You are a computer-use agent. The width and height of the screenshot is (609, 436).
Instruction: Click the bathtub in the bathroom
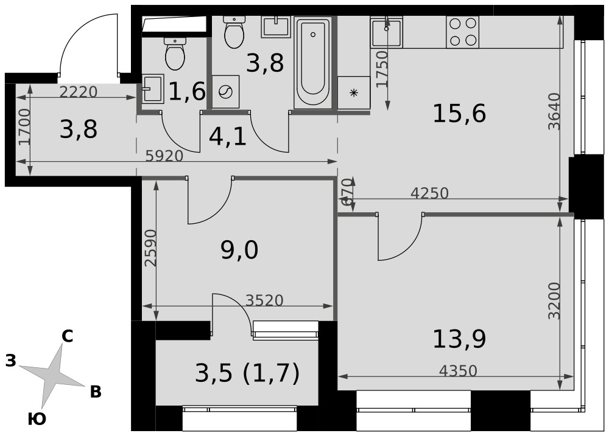click(x=313, y=63)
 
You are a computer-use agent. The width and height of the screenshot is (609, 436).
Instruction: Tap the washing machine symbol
click(x=225, y=92)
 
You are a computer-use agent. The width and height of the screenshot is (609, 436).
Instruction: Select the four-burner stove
click(x=462, y=32)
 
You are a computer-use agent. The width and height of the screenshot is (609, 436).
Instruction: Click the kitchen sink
click(x=387, y=32)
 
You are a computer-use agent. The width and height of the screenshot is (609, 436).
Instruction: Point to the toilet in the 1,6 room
click(x=175, y=54)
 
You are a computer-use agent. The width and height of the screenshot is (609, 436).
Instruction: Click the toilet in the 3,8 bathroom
click(x=234, y=32)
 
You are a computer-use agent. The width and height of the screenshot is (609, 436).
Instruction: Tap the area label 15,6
click(x=459, y=114)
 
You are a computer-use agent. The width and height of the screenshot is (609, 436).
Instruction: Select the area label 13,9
click(x=459, y=339)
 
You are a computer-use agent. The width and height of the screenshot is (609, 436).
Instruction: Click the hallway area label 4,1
click(x=228, y=137)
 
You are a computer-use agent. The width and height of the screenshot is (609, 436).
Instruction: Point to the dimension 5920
click(x=164, y=156)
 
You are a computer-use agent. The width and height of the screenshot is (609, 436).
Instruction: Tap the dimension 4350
click(x=458, y=371)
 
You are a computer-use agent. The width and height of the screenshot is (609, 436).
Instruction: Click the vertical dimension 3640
click(x=555, y=111)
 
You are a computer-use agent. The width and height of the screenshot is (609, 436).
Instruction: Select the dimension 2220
click(x=78, y=92)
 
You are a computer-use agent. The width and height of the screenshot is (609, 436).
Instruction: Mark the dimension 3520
click(x=265, y=300)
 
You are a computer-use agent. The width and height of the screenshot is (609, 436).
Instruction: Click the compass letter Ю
click(x=37, y=420)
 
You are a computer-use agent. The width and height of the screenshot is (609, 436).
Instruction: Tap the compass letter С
click(x=67, y=336)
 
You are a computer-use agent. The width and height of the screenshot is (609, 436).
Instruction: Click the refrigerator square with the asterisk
click(x=353, y=92)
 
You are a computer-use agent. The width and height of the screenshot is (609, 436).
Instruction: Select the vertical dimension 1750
click(x=382, y=69)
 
